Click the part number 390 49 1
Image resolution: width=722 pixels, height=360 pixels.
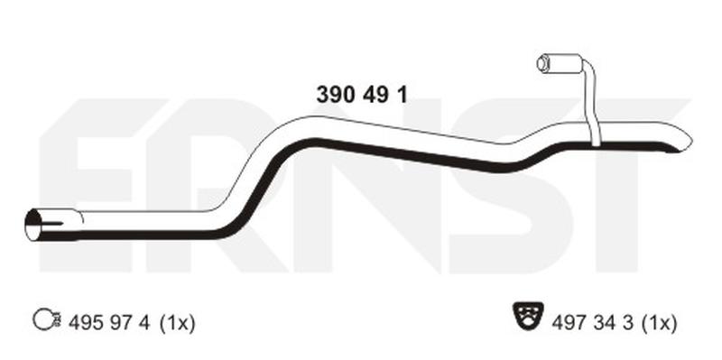(x=362, y=96)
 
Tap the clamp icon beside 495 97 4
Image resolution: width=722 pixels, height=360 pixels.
(x=47, y=319)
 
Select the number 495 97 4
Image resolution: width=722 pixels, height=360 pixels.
(x=109, y=323)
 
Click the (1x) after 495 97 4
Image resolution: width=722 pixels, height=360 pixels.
(x=177, y=323)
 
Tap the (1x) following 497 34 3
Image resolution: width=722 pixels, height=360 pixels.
(x=659, y=323)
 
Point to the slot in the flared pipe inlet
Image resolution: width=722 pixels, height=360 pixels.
(x=51, y=224)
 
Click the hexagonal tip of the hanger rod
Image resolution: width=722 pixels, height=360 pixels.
(x=542, y=63)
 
